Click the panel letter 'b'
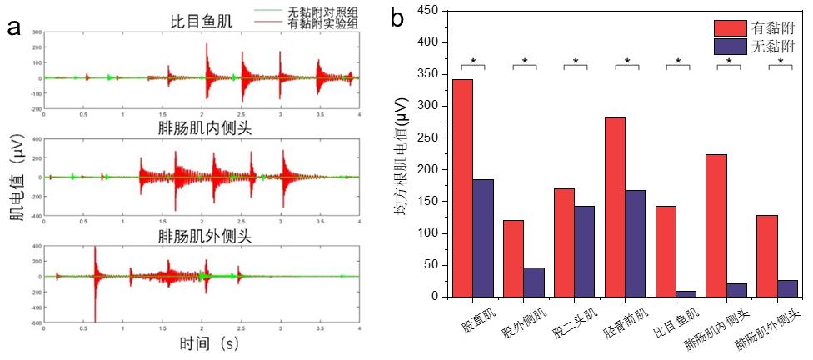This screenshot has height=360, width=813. tap(399, 17)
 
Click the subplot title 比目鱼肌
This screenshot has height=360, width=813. tap(196, 21)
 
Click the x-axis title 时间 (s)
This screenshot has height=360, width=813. tap(209, 342)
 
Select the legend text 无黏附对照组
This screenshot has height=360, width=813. tap(322, 12)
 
